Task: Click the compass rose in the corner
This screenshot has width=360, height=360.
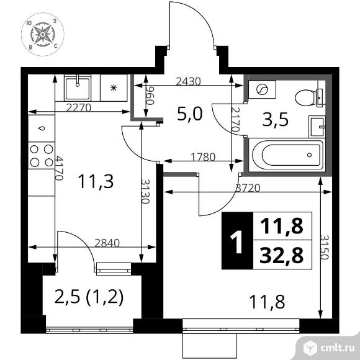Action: [x=43, y=34]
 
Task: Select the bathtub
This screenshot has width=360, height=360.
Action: [x=287, y=155]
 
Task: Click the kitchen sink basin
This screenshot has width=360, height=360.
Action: [x=78, y=88]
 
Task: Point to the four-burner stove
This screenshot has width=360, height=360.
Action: [x=42, y=156]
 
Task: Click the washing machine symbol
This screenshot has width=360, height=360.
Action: [x=262, y=89]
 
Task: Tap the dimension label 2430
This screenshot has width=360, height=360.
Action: [x=188, y=81]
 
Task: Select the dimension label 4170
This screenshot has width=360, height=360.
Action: [x=59, y=168]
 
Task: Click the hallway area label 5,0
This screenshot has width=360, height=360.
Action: [x=190, y=114]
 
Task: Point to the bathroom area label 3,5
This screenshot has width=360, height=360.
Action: [x=276, y=120]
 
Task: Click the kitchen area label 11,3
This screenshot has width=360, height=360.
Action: [x=96, y=181]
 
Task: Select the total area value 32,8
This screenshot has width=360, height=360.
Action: [x=281, y=255]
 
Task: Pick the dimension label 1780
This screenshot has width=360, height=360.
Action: [x=203, y=157]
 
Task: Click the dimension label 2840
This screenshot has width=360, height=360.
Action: [x=107, y=243]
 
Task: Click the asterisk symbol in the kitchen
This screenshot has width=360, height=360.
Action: [x=114, y=88]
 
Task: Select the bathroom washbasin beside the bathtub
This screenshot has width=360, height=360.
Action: [x=317, y=127]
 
